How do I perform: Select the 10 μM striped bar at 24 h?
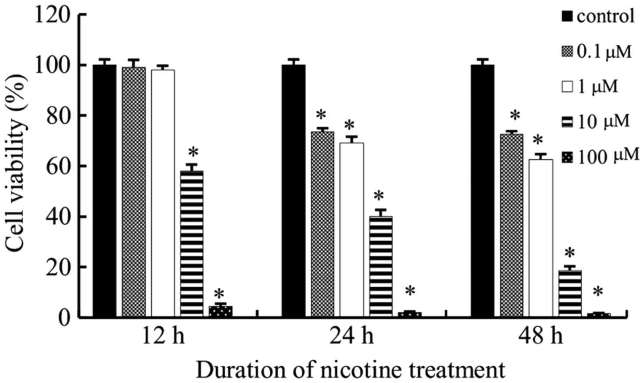381,267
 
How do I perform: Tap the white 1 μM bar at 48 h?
541,238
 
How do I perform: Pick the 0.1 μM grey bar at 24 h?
322,224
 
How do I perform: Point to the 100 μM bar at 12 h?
220,311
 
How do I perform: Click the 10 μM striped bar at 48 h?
570,294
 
